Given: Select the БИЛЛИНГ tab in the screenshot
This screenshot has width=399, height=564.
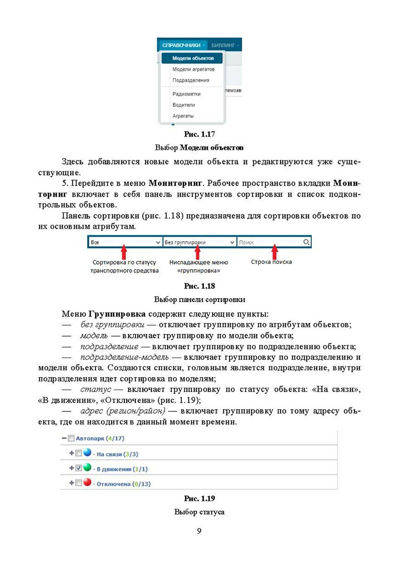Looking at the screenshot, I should (x=224, y=45).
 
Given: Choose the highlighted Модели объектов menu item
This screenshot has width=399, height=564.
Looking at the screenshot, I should (x=193, y=58).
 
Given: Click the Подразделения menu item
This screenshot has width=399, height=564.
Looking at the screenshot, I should (x=191, y=80).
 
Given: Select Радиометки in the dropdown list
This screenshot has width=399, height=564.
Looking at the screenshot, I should (x=186, y=94).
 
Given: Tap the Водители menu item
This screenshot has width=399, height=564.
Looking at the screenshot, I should (x=184, y=105).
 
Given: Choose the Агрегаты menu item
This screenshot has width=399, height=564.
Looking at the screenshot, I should (x=183, y=116).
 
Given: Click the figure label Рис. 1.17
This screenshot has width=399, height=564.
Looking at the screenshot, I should (x=199, y=134).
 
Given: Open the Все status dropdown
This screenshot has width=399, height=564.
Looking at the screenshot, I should (x=125, y=243).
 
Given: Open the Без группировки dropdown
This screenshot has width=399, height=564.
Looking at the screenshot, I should (x=199, y=243).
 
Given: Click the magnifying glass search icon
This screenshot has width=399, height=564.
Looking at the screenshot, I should (x=306, y=242).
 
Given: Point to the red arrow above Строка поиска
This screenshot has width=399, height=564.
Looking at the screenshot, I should (x=275, y=251).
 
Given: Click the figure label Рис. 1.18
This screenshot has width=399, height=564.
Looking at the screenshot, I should (x=199, y=286).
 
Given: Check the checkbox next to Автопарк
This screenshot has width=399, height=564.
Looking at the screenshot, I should (x=71, y=438).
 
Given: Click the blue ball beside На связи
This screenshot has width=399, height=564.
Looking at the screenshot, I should (x=87, y=452).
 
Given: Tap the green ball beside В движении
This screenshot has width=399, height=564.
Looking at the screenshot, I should (x=87, y=467).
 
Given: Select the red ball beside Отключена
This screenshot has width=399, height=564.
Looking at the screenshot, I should (x=87, y=482).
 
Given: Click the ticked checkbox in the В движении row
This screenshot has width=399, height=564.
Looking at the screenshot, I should (x=79, y=468).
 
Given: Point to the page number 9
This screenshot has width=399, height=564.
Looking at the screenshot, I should (x=199, y=531).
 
